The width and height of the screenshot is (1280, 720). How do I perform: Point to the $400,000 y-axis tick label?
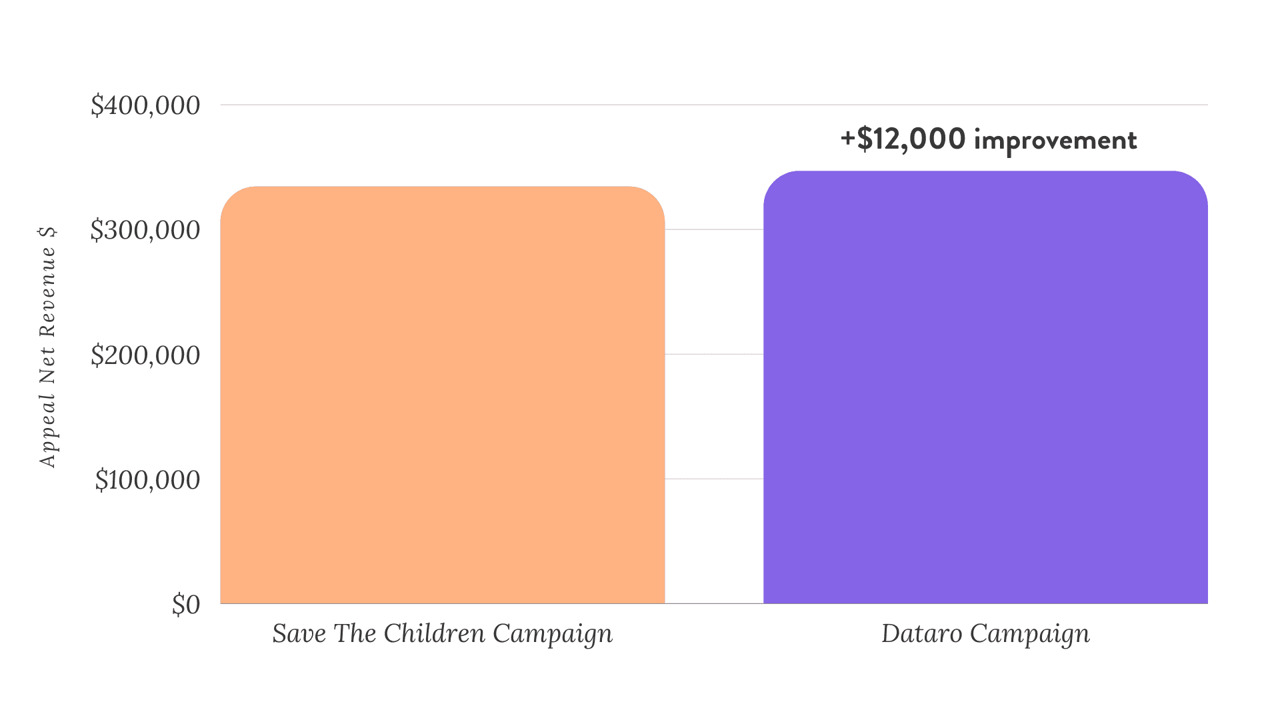pos(145,105)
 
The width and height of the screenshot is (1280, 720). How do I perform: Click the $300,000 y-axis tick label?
pos(145,230)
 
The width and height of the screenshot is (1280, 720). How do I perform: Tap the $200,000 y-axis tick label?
pos(145,355)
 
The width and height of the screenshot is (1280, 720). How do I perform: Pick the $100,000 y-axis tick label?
pos(147,480)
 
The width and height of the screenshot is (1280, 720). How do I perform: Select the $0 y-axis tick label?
pos(186,605)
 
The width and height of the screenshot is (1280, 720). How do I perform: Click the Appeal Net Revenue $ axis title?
pos(47,347)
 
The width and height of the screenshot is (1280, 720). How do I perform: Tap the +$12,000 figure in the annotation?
pos(903,139)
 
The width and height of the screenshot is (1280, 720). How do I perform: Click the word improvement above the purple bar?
pos(1055,140)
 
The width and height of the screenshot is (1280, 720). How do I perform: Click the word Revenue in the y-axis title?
pos(47,292)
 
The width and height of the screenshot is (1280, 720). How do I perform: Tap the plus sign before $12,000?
pos(847,139)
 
